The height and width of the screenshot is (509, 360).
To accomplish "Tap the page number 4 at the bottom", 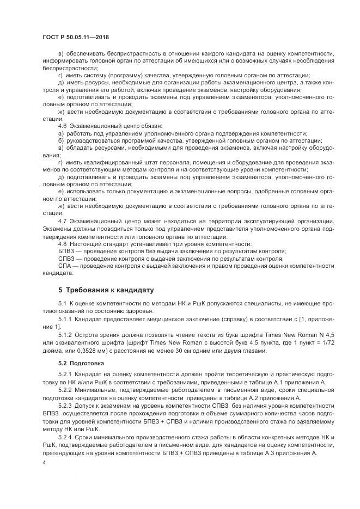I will [x=44, y=462].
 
